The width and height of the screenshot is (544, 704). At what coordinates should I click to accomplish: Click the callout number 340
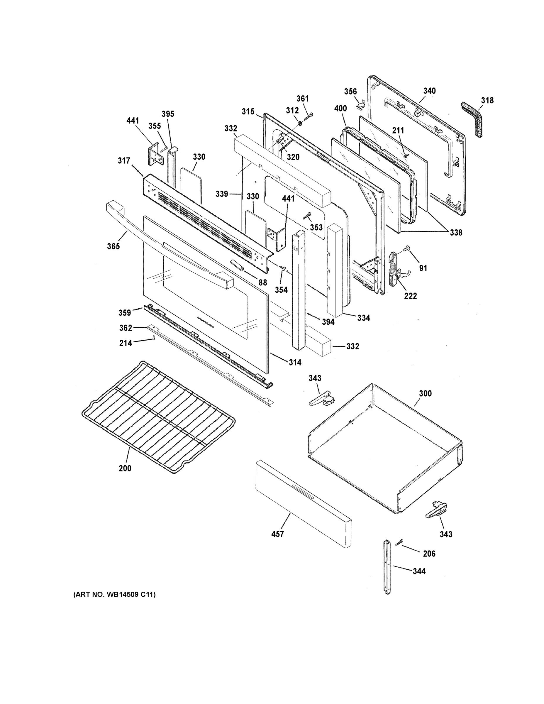click(429, 91)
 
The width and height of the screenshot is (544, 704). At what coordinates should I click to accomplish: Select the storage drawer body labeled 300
click(384, 448)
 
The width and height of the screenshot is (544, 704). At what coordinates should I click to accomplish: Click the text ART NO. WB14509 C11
click(114, 594)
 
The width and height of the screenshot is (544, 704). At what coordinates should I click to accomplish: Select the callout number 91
click(423, 268)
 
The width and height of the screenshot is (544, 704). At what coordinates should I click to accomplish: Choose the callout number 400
click(340, 108)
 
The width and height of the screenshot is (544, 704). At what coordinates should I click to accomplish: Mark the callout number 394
click(328, 322)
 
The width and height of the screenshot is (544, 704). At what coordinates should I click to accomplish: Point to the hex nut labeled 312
click(299, 123)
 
